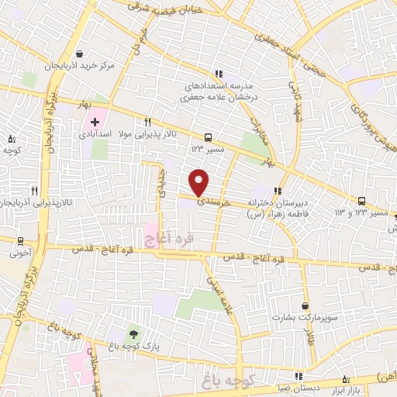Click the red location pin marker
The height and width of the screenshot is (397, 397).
pyautogui.click(x=199, y=182)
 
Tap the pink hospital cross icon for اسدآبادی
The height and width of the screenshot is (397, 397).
pyautogui.click(x=95, y=122)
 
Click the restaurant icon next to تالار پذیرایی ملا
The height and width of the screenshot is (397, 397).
pyautogui.click(x=148, y=122)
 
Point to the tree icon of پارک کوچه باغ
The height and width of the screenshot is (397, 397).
pyautogui.click(x=134, y=333)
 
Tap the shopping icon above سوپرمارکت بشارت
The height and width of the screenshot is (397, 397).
pyautogui.click(x=305, y=305)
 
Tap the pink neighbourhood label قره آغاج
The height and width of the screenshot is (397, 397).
pyautogui.click(x=162, y=233)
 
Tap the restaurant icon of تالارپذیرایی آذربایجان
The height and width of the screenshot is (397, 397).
pyautogui.click(x=34, y=190)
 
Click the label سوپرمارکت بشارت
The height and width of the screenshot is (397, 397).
pyautogui.click(x=304, y=318)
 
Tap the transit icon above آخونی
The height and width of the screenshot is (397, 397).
pyautogui.click(x=19, y=240)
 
